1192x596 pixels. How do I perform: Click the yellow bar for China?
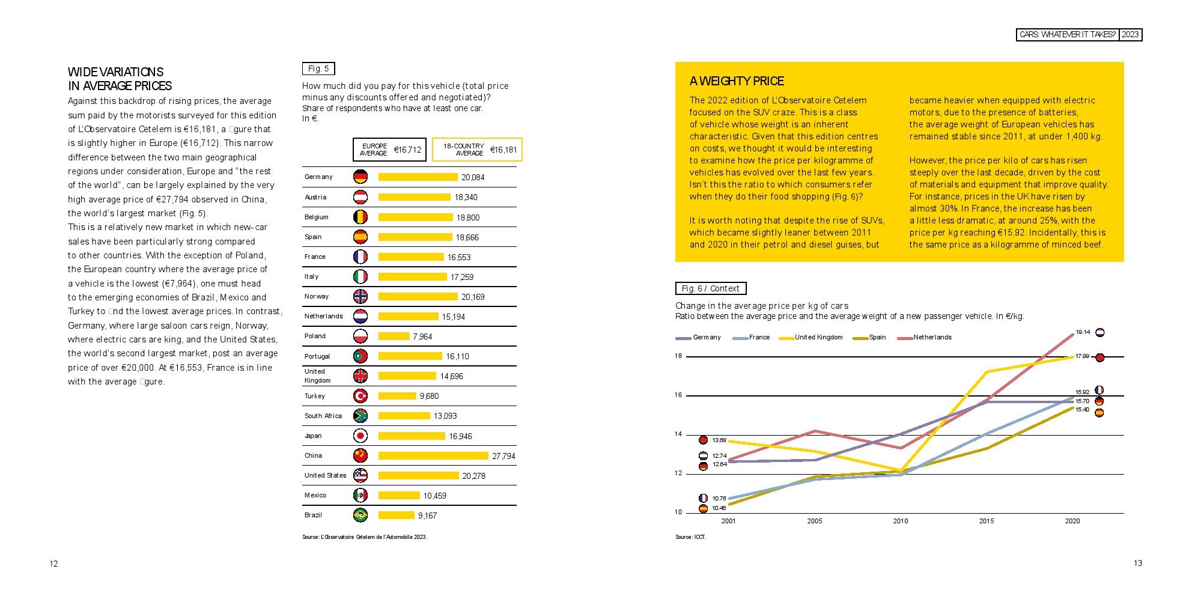(x=433, y=456)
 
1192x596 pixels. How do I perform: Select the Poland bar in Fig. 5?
(x=394, y=336)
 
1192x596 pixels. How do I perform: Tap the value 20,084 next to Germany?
(x=473, y=177)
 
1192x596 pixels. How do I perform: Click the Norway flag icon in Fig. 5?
(x=360, y=297)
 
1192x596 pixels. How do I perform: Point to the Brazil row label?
(x=313, y=515)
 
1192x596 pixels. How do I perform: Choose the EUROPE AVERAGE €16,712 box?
(x=389, y=150)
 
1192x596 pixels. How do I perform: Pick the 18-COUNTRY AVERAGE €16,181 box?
(x=477, y=150)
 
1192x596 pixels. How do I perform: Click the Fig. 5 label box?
(x=318, y=69)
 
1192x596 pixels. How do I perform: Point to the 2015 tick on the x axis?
(x=987, y=521)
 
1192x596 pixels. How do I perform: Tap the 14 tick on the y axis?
(x=678, y=434)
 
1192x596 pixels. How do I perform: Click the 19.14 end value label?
(x=1083, y=332)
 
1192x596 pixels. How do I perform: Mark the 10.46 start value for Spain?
(x=719, y=508)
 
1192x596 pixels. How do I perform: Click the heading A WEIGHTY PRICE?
(x=737, y=81)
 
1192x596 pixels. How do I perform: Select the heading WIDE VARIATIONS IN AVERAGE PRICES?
(x=120, y=79)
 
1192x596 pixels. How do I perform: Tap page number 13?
(x=1137, y=564)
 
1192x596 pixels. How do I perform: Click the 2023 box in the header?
(x=1130, y=35)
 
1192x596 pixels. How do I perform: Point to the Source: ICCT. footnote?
(x=690, y=537)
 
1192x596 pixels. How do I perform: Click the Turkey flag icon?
(x=360, y=397)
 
